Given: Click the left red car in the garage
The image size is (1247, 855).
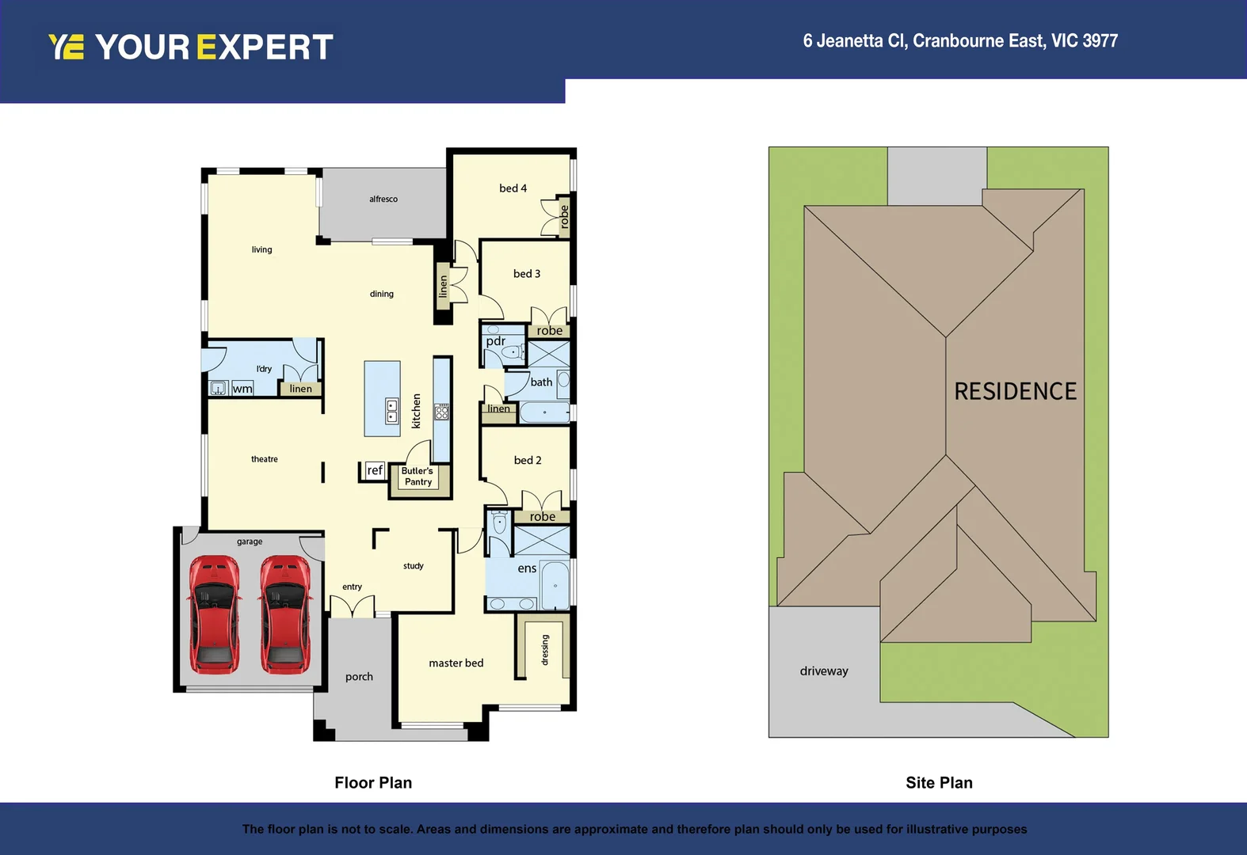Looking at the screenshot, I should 214,614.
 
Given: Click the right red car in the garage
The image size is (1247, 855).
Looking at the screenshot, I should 284,614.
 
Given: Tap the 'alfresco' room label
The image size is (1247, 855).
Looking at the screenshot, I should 383,199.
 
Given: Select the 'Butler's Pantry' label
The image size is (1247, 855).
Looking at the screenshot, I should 418,477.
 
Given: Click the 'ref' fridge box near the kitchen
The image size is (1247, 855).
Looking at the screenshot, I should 374,470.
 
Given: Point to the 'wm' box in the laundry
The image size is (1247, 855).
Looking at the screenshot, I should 242,389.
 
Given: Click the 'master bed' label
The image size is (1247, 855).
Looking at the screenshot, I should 456,663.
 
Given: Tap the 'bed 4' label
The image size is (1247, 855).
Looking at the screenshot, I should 513,188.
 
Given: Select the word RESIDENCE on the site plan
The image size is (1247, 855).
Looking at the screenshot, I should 1015,391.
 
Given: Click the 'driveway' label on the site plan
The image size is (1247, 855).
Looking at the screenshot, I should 824,671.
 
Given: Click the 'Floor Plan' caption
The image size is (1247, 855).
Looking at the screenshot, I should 373,783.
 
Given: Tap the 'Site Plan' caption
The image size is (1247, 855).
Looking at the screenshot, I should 939,783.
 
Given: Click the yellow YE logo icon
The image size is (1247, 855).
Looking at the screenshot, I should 66,47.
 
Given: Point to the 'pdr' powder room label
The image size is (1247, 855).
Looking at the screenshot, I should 496,341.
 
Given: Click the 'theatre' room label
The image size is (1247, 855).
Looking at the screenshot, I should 265,459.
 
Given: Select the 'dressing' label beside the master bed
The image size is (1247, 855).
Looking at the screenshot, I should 545,650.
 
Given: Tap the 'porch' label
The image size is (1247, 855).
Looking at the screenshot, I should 359,677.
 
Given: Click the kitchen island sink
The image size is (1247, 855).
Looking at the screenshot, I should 391,411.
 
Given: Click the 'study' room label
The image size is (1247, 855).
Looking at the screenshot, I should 413,566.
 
